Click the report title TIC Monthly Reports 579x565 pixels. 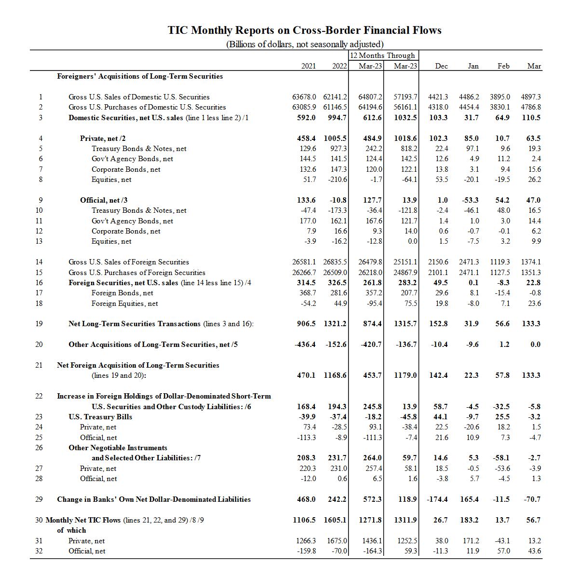(x=304, y=30)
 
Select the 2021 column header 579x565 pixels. (x=308, y=66)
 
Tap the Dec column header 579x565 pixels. (x=441, y=66)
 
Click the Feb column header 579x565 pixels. (x=503, y=66)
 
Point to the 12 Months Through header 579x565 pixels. (x=382, y=55)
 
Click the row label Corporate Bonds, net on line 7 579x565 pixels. (x=126, y=169)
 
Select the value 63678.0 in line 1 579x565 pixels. (x=304, y=97)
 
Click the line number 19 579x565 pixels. (x=39, y=324)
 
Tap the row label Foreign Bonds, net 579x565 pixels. (x=122, y=293)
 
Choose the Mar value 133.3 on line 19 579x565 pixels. (x=531, y=324)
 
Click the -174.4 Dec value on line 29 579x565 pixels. (x=437, y=499)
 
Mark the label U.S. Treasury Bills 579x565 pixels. (x=100, y=417)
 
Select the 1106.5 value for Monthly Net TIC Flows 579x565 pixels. (x=304, y=520)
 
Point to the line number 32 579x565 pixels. (x=39, y=551)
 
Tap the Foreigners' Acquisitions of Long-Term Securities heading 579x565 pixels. (x=140, y=76)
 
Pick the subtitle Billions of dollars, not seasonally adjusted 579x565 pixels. (x=305, y=44)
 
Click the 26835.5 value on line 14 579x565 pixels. (x=335, y=262)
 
